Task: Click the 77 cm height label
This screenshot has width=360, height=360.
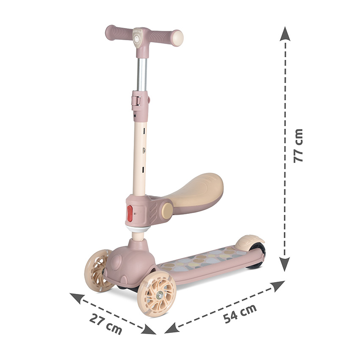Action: coord(298,146)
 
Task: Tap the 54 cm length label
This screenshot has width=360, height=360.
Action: coord(240,313)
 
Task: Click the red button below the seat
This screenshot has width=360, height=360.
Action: coord(130,213)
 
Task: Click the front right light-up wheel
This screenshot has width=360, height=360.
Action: coord(157,294)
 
